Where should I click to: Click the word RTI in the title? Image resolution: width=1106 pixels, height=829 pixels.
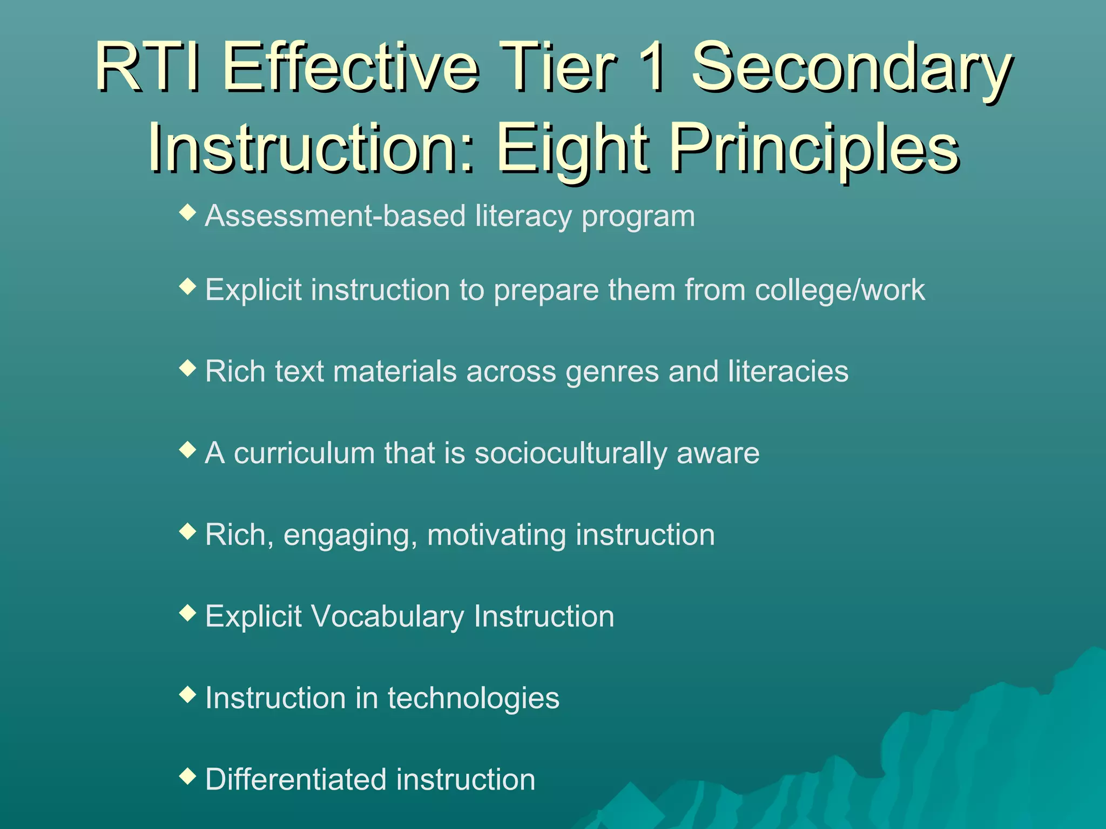[146, 69]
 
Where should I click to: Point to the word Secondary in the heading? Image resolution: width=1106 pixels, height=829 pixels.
[852, 69]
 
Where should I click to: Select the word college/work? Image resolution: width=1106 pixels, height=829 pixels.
[840, 290]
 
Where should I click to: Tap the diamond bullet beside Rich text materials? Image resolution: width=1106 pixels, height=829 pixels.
[187, 369]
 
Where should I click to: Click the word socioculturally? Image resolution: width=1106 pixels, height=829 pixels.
[570, 453]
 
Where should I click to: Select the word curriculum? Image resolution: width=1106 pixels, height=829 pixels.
[304, 453]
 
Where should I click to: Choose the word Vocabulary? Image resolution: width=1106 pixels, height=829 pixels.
[387, 616]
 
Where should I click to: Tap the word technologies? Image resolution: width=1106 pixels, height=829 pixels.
[473, 698]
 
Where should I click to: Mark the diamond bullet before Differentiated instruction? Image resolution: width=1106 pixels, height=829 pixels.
[187, 776]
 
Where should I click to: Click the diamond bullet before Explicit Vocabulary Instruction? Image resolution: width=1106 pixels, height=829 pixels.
[187, 613]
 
